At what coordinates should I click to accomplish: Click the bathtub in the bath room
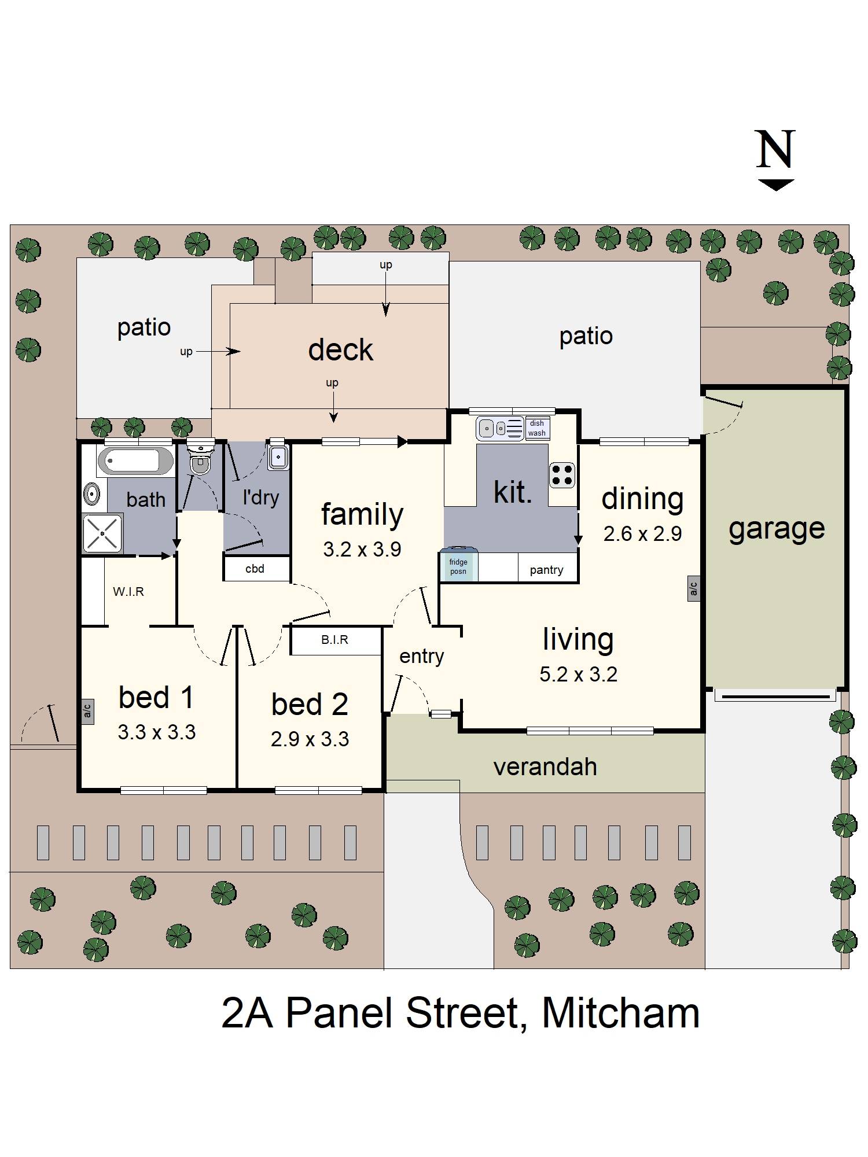coord(135,461)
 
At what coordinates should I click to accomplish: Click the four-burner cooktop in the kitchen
coord(562,475)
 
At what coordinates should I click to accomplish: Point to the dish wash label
coord(537,428)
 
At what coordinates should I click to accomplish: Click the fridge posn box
coord(458,566)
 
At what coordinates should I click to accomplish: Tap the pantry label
coord(546,570)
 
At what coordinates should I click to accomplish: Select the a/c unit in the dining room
coord(693,588)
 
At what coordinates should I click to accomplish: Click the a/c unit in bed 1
coord(87,709)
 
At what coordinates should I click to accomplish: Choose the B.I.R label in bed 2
coord(334,640)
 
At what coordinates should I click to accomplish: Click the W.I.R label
coord(128,592)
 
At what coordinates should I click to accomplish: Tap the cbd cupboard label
coord(255,569)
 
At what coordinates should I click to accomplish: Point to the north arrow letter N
coord(775,150)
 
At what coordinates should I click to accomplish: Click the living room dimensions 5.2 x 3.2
coord(578,675)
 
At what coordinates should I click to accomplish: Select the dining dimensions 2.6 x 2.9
coord(642,533)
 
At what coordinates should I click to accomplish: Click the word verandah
coord(545,767)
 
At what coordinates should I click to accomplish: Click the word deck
coord(340,350)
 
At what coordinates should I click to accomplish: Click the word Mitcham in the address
coord(620,1012)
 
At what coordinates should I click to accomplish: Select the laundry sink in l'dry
coord(278,457)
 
